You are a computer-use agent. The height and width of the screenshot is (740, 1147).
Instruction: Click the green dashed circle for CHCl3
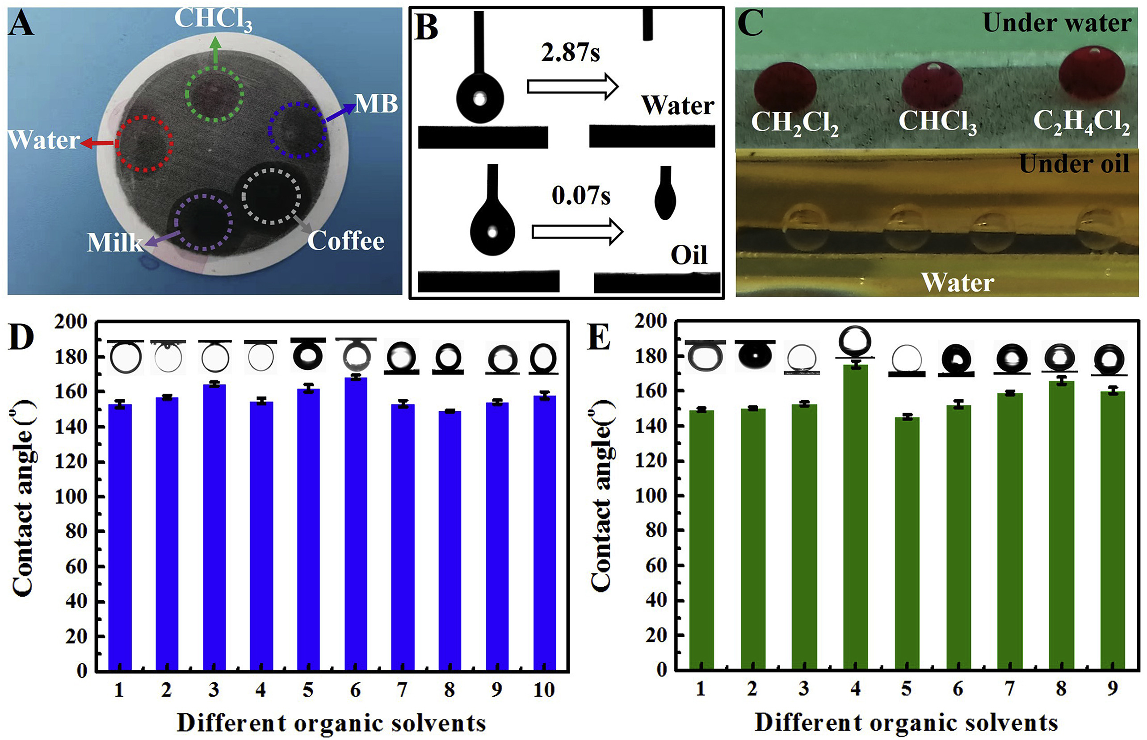pos(214,93)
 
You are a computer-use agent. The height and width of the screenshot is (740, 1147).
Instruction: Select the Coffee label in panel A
pos(346,241)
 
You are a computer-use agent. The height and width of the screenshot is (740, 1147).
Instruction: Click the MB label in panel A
pos(376,104)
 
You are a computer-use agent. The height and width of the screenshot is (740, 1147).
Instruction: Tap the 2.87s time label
pos(571,53)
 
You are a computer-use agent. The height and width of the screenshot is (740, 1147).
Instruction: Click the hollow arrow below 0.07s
pos(577,232)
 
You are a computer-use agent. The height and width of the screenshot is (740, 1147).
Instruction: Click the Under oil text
pos(1074,164)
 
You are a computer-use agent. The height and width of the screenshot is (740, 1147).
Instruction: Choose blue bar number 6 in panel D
pos(355,524)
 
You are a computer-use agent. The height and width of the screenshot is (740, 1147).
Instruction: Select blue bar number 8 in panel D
pos(450,540)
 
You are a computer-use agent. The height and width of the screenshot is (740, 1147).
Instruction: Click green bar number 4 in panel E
pos(855,517)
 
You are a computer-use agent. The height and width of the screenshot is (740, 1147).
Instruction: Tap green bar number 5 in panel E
pos(907,544)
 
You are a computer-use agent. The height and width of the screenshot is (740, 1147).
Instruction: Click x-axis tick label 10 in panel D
pos(544,690)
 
